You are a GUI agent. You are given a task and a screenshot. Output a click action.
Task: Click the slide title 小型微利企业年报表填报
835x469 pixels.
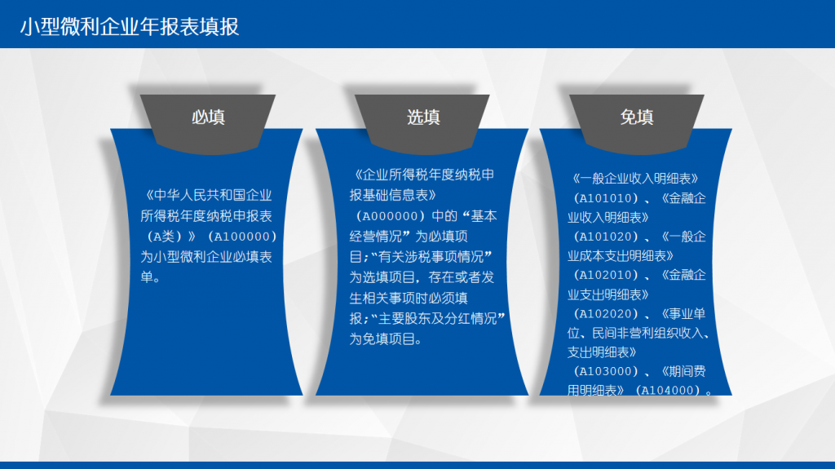pos(130,27)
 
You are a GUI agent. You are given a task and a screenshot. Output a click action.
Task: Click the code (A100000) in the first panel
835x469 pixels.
pos(242,236)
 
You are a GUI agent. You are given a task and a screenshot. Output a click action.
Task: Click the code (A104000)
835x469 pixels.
pos(668,390)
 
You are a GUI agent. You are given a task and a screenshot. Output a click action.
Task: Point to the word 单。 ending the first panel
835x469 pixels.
pos(150,277)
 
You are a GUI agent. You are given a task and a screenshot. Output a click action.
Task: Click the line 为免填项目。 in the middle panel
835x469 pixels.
pos(386,339)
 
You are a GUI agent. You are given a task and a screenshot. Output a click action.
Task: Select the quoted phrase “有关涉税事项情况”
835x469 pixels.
pos(431,257)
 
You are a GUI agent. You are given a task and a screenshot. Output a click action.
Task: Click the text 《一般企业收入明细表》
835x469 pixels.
pos(635,179)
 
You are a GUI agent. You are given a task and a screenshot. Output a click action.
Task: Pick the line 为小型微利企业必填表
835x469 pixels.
pos(206,257)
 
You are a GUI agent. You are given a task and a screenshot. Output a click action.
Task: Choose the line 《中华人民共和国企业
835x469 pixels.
pos(209,195)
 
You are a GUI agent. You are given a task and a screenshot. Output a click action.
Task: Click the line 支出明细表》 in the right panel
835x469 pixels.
pos(602,352)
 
